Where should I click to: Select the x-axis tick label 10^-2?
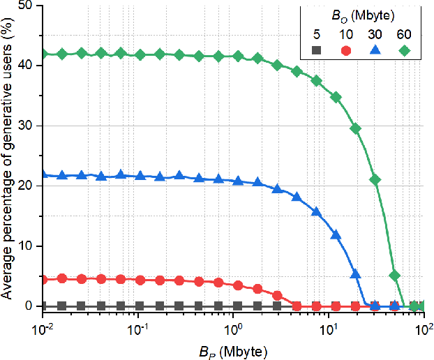tap(43, 324)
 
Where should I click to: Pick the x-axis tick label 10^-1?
tap(138, 324)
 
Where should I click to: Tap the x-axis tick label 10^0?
tap(233, 324)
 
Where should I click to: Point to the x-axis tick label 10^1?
tap(328, 324)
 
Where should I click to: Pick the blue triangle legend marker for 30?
tap(376, 50)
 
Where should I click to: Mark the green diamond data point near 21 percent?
tap(375, 179)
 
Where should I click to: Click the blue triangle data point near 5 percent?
tap(355, 274)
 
